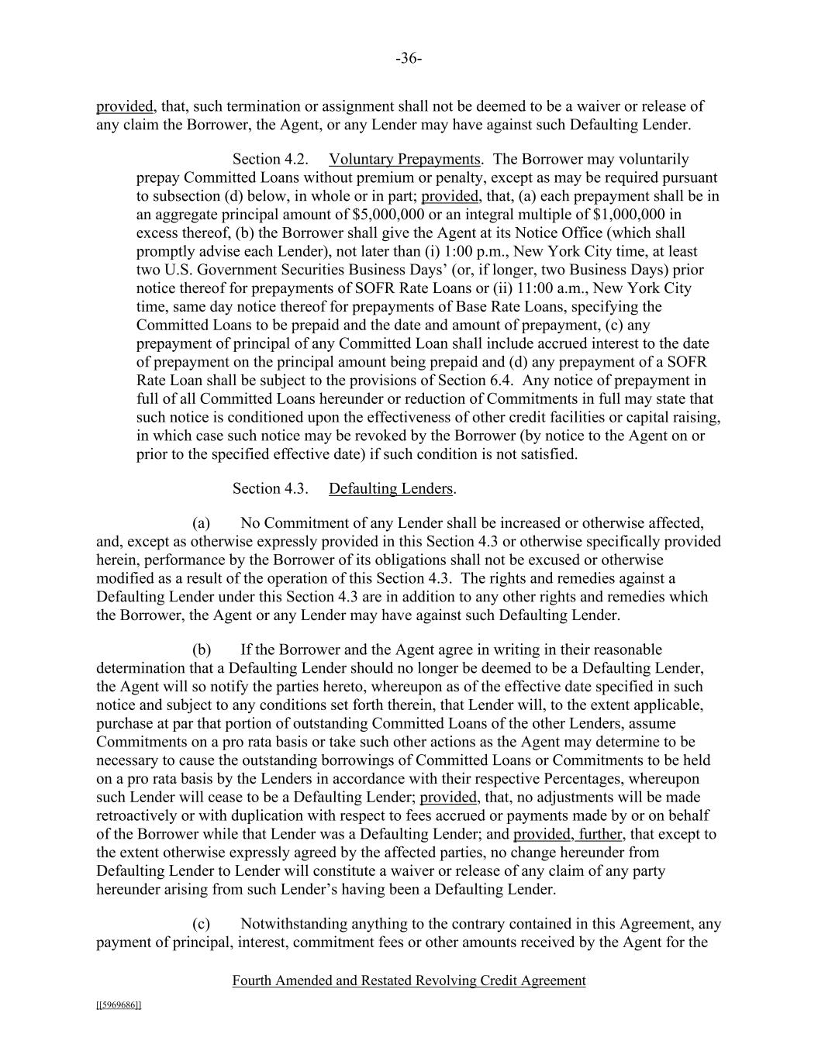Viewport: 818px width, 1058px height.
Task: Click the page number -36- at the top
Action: tap(409, 59)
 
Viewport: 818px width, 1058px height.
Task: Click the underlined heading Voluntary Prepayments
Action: tap(404, 160)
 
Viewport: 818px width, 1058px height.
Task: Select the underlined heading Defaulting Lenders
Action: tap(391, 488)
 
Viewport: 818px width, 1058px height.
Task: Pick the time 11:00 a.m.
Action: tap(544, 288)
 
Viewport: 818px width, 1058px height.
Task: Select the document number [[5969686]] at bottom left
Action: tap(119, 1005)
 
